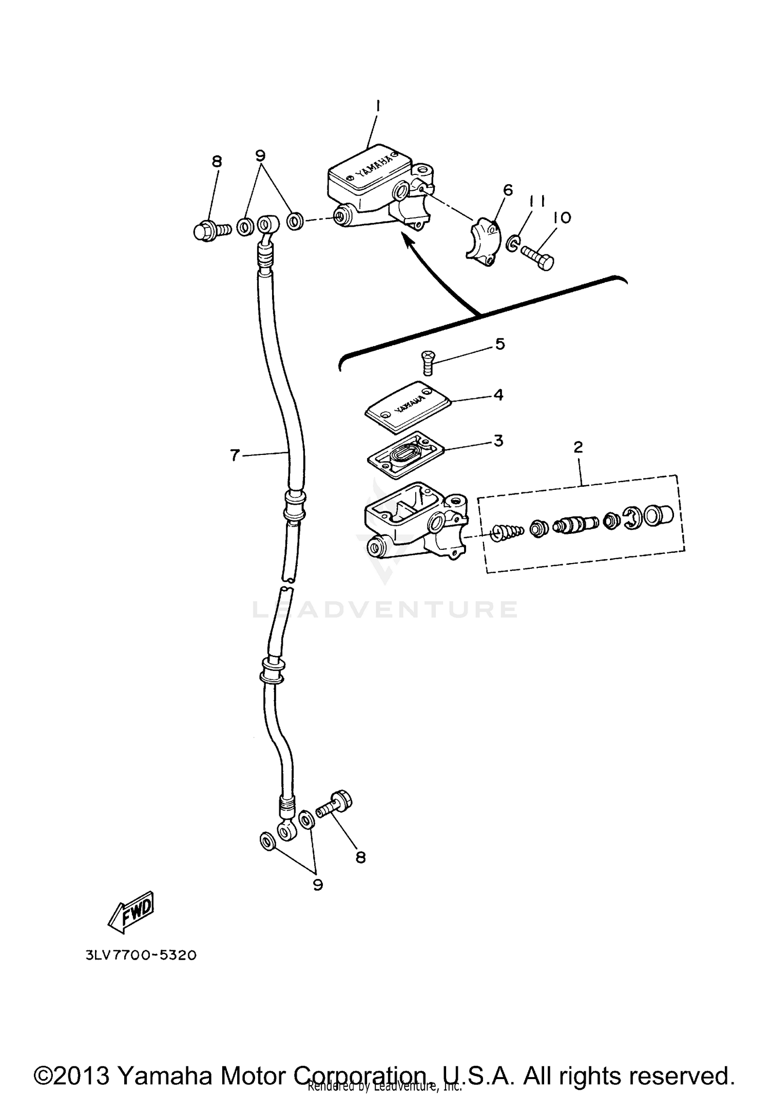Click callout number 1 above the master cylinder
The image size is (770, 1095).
(377, 106)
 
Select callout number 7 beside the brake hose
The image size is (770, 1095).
(235, 454)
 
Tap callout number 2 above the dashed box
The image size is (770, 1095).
(578, 447)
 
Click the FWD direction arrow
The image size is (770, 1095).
(132, 911)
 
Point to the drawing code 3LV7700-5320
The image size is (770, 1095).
(138, 955)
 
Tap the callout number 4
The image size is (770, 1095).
(498, 395)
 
